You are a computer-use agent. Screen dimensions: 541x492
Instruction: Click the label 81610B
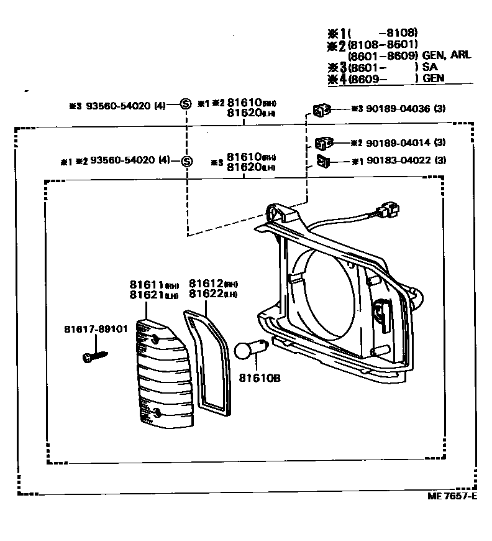[260, 377]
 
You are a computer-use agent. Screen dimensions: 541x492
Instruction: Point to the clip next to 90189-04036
[322, 111]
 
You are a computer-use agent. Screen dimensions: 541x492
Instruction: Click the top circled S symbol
[185, 104]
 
